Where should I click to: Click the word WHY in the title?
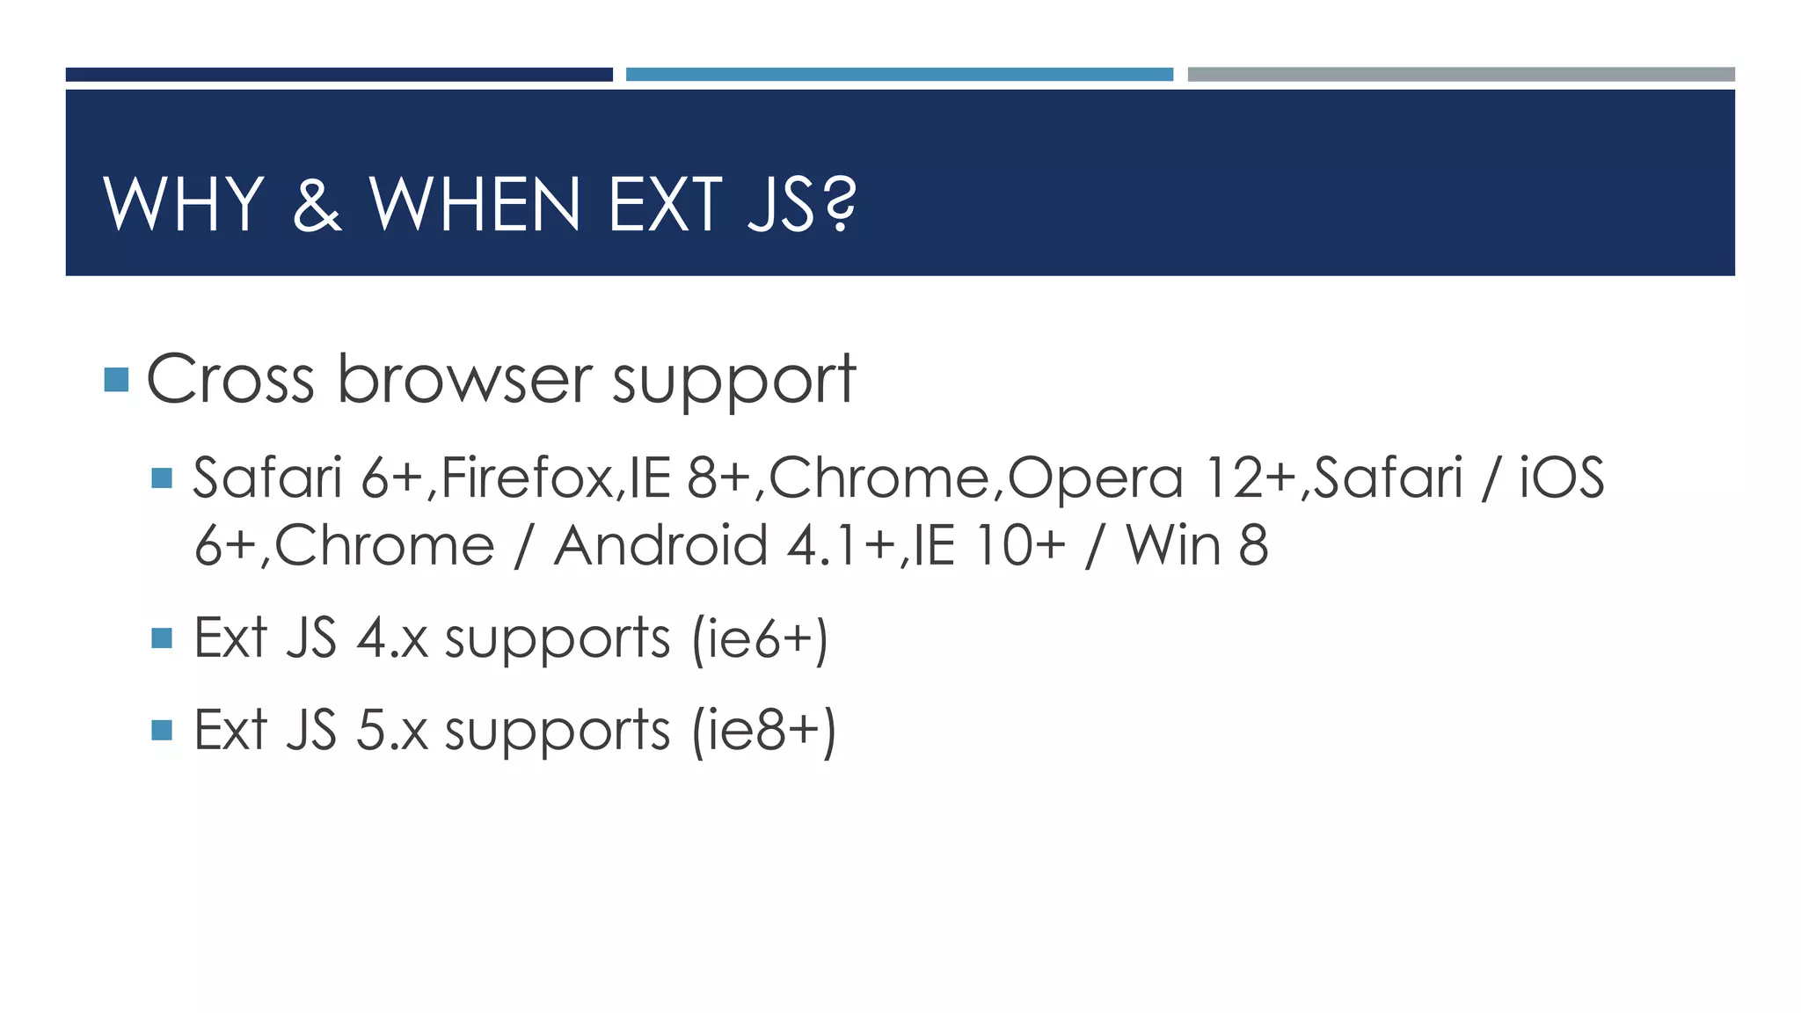(x=184, y=204)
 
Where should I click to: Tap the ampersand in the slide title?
(x=317, y=204)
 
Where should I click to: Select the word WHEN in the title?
(x=475, y=204)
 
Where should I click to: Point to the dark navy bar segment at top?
(x=339, y=75)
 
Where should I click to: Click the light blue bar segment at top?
(x=899, y=75)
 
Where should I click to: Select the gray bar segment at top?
(x=1461, y=75)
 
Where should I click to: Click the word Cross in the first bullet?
(x=230, y=379)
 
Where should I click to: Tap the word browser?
(x=465, y=379)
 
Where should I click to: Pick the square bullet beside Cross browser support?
(x=116, y=380)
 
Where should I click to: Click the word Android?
(x=661, y=545)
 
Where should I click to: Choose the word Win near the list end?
(x=1174, y=545)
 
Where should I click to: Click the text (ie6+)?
(x=760, y=638)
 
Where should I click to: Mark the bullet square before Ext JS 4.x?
(x=162, y=638)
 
